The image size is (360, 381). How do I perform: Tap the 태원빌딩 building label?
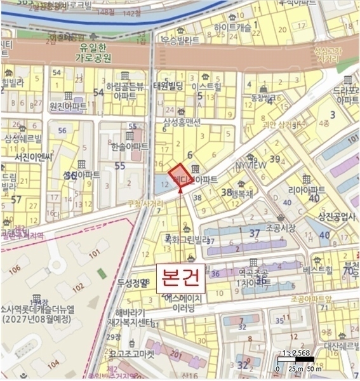click(x=168, y=86)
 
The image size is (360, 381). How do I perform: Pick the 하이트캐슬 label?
click(x=233, y=27)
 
